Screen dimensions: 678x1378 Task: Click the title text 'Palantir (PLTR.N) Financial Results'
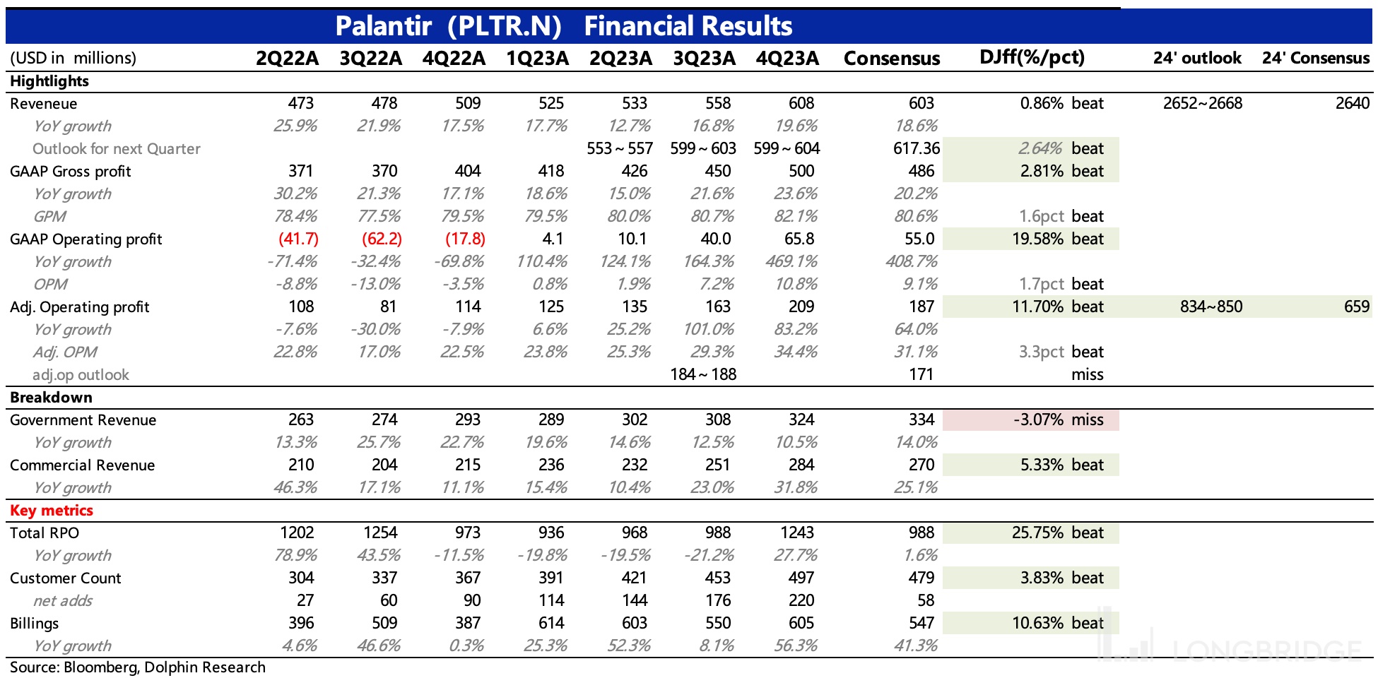coord(563,26)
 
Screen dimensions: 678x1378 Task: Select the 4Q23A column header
coord(787,58)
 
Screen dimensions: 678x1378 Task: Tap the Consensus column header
coord(892,58)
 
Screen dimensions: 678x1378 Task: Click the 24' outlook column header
coord(1197,58)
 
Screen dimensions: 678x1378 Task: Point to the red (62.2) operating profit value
coord(382,239)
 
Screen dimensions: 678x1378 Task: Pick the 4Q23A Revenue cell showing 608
coord(801,103)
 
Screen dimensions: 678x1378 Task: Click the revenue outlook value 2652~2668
coord(1203,103)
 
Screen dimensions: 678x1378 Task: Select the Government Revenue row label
coord(83,420)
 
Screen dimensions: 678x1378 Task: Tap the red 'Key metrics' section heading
coord(52,510)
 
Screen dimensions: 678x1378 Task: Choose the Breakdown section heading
coord(51,397)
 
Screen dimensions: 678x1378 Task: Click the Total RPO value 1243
coord(797,533)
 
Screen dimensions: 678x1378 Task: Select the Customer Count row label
coord(66,578)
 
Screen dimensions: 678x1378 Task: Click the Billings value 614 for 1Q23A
coord(551,623)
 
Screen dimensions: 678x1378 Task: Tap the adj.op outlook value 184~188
coord(703,374)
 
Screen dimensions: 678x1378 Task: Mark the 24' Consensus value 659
coord(1356,307)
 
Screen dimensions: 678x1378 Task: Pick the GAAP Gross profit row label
coord(71,171)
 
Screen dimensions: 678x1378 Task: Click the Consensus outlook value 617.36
coord(917,148)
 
